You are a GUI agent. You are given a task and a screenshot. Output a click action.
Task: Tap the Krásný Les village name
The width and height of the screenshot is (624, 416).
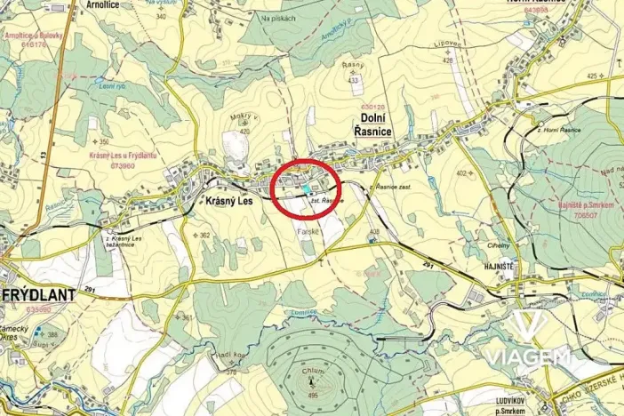point(229,202)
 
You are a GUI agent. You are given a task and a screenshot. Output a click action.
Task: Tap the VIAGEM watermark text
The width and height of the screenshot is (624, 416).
point(527,356)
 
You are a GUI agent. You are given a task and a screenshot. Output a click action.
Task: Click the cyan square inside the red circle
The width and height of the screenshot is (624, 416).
point(308,189)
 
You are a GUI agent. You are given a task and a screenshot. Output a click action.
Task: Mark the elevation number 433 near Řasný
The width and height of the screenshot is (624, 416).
point(353,80)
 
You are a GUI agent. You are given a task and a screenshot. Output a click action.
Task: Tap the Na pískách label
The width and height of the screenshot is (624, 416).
point(277,17)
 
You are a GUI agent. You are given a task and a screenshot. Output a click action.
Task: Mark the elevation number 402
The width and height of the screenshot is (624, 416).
point(460,173)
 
